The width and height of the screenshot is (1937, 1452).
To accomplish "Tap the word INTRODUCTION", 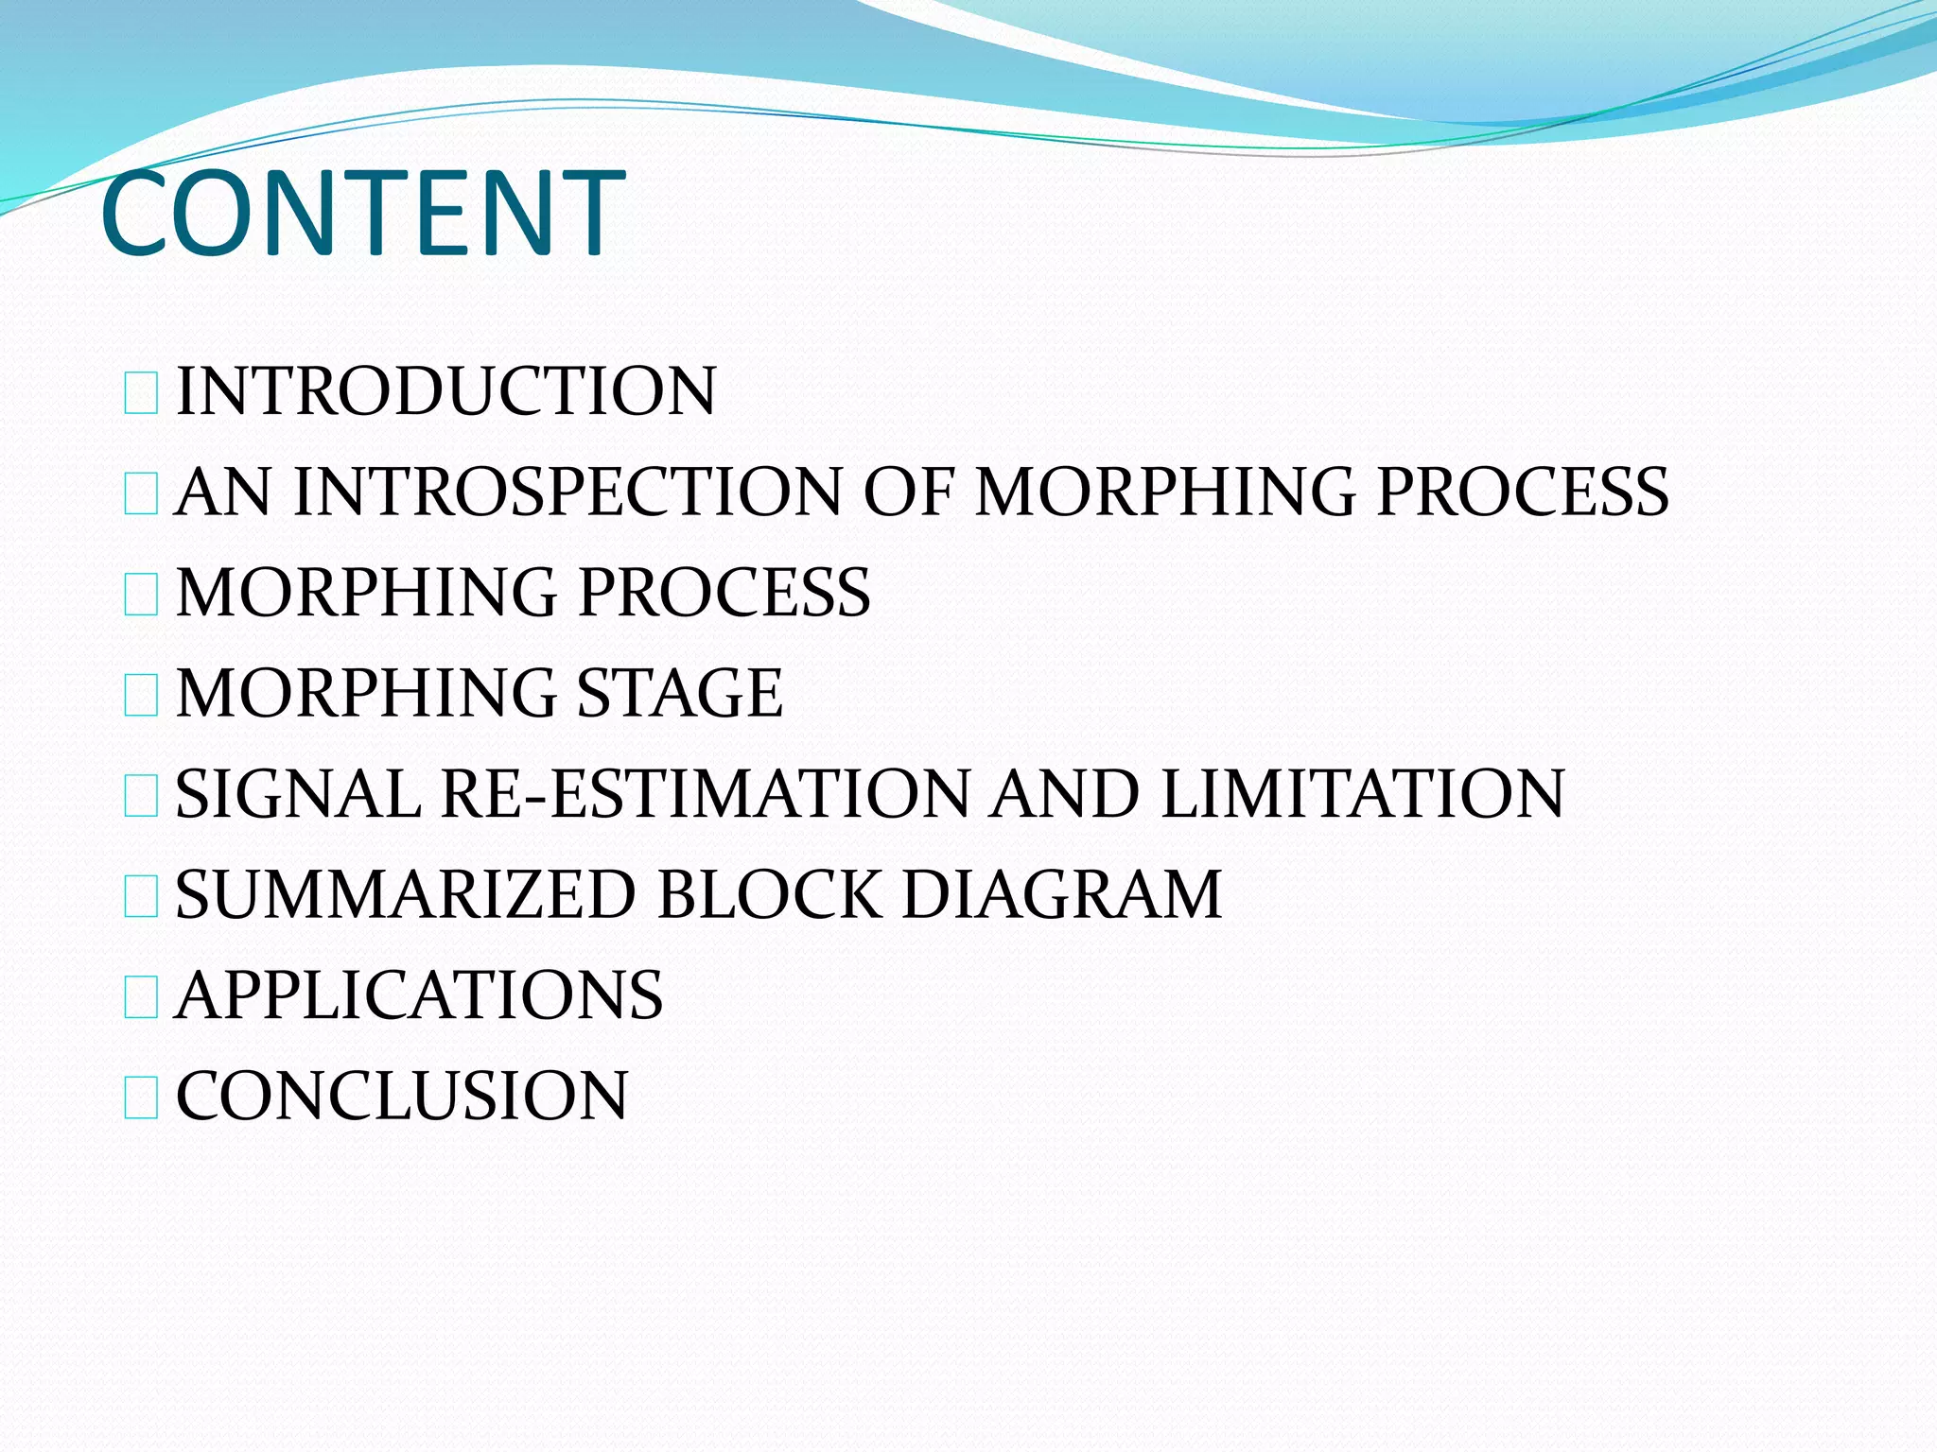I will click(x=445, y=391).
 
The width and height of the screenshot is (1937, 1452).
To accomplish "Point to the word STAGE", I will click(x=679, y=693).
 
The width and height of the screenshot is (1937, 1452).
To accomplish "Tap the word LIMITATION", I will click(x=1362, y=794).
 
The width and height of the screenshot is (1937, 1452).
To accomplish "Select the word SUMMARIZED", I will click(x=405, y=895).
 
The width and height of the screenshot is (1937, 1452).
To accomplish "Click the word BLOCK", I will click(x=768, y=895).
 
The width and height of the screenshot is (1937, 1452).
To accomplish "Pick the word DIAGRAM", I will click(x=1061, y=895).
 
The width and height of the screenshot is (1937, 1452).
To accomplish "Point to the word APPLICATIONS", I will click(x=419, y=995).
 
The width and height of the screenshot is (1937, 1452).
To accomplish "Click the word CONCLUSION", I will click(x=402, y=1097).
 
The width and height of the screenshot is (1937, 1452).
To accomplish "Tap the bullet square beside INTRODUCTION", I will click(x=141, y=394).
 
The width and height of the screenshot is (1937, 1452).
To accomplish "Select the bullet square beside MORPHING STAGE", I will click(x=141, y=696).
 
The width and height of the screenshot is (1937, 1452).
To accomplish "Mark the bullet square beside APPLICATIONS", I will click(x=141, y=998).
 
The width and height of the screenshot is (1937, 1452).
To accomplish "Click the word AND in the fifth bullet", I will click(x=1064, y=794).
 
